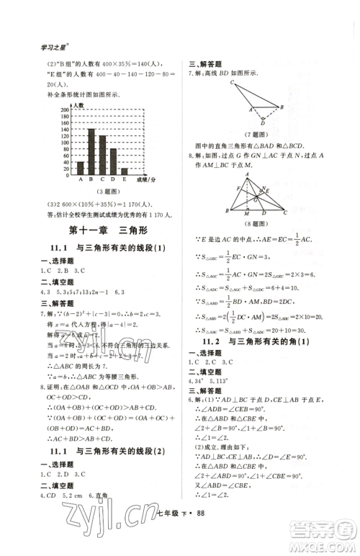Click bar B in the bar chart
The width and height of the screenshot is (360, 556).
click(91, 151)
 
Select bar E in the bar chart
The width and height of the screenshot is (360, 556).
click(125, 171)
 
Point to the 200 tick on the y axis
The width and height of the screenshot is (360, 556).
click(65, 109)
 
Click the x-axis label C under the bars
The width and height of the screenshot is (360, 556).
click(102, 179)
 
